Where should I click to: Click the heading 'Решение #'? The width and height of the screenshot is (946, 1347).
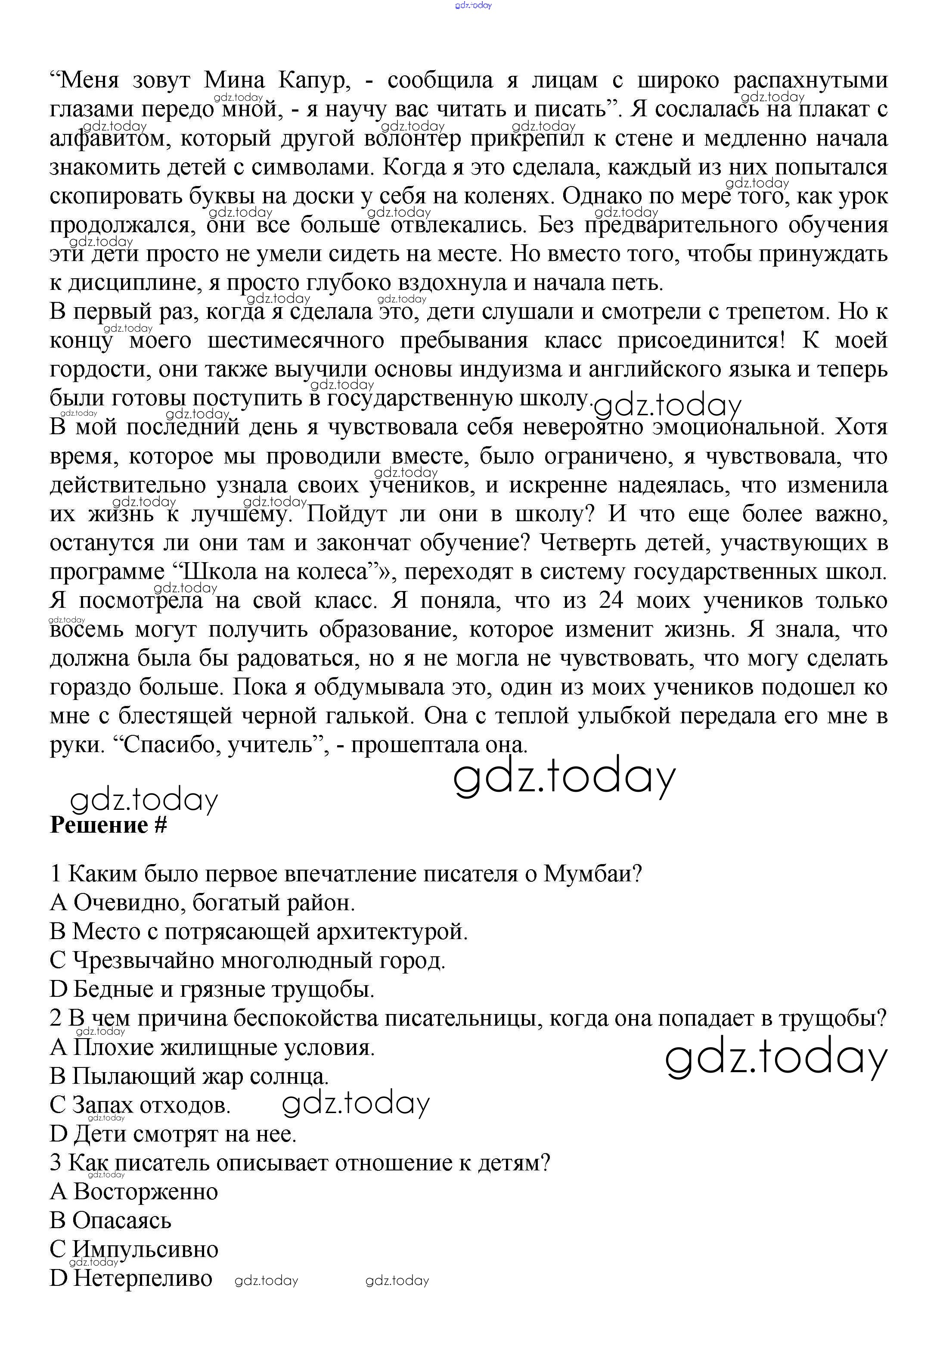(109, 825)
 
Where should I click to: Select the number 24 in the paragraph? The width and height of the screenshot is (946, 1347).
(614, 601)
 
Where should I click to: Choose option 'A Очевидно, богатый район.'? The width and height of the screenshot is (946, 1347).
(202, 902)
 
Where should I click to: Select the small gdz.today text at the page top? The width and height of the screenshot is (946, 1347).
(473, 5)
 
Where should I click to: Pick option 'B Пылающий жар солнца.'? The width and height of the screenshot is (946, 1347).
(189, 1076)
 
